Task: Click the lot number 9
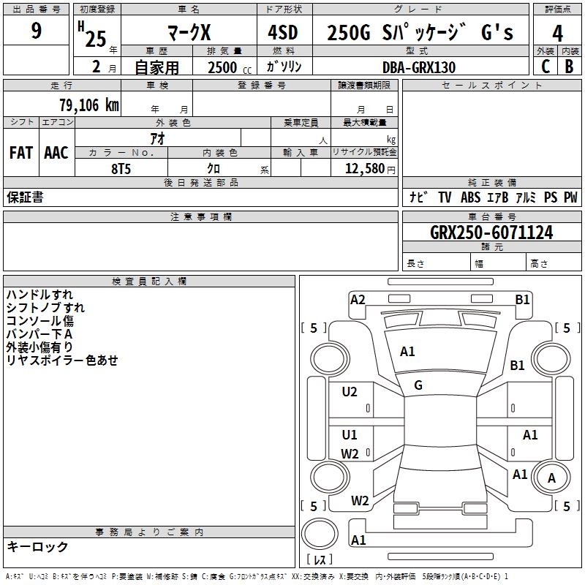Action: (x=36, y=31)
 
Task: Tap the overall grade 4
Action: (x=557, y=34)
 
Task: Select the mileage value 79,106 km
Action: (x=89, y=105)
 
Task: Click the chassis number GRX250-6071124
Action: (x=491, y=233)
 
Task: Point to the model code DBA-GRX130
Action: (x=418, y=67)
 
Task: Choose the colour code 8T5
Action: (x=121, y=169)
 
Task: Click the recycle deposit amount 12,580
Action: (x=364, y=169)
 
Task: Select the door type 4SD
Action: (x=283, y=32)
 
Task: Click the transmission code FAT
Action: (x=21, y=153)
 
